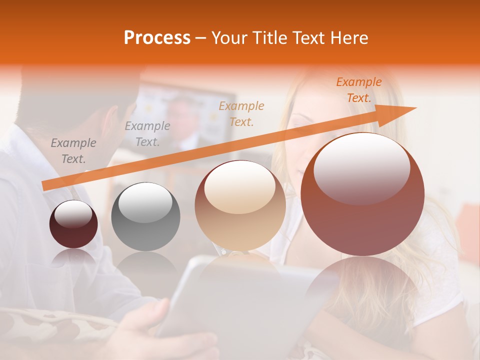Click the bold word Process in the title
(x=157, y=38)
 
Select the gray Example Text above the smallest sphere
(x=73, y=151)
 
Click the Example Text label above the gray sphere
(x=147, y=134)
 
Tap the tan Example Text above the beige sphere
(x=241, y=113)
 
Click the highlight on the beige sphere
(x=240, y=186)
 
